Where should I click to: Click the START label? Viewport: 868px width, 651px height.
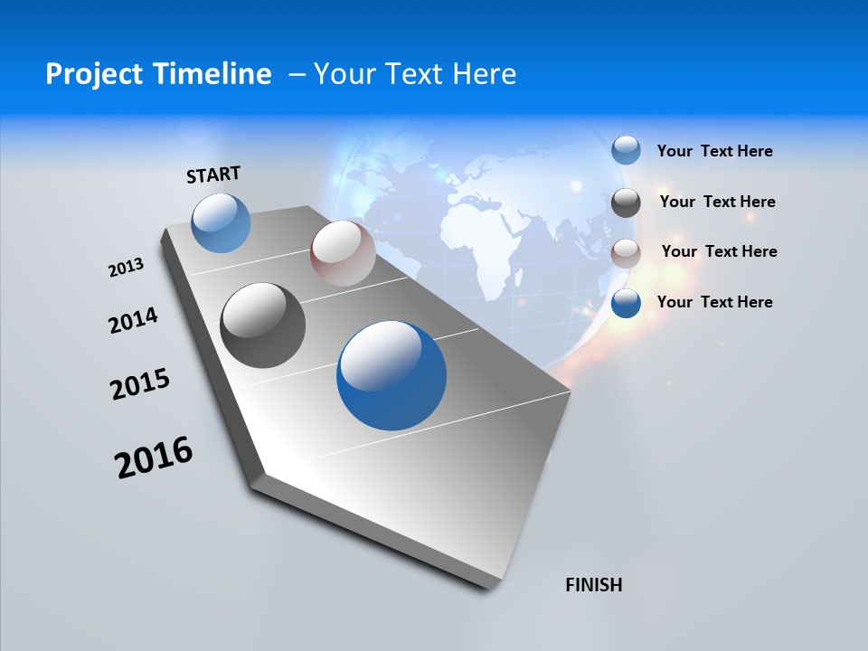[x=213, y=174]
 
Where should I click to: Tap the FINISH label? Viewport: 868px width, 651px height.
[x=594, y=585]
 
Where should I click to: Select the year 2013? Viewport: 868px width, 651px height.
[x=126, y=268]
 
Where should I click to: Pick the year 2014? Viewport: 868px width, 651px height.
[x=133, y=320]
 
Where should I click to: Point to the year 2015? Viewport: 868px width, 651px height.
[x=140, y=384]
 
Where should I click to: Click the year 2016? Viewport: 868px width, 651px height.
[x=154, y=458]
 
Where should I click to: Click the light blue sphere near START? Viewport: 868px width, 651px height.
[x=222, y=223]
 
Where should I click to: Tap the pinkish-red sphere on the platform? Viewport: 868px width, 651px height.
[x=343, y=253]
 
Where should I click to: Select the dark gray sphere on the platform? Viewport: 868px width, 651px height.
[x=263, y=325]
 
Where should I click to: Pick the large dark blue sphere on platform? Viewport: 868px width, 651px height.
[x=392, y=375]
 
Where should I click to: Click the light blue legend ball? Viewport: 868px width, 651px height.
[x=626, y=150]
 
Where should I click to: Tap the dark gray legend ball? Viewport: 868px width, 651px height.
[x=626, y=202]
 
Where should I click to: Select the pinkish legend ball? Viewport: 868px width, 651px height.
[x=626, y=252]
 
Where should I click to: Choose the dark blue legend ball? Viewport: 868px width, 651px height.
[x=626, y=303]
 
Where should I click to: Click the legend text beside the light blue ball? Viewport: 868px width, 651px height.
[x=714, y=151]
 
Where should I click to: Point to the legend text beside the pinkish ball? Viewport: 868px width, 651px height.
[x=719, y=251]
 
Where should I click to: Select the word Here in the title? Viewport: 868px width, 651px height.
[x=486, y=74]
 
